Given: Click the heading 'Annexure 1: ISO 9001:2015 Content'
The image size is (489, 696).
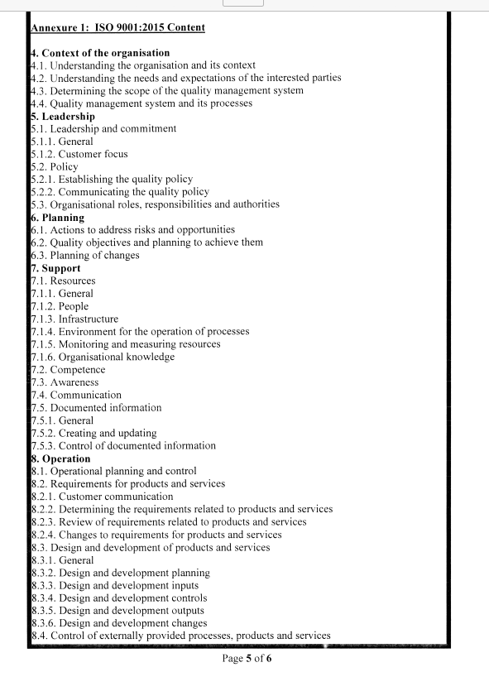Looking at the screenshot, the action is click(x=117, y=27).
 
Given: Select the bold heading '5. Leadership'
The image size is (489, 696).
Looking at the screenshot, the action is click(x=63, y=117).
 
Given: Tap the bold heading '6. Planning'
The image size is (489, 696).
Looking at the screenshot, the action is click(x=58, y=218).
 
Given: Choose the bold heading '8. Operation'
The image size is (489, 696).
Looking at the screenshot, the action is click(x=60, y=458).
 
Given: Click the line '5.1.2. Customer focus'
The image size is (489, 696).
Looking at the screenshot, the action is click(x=79, y=154).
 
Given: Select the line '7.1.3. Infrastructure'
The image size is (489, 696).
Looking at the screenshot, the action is click(x=74, y=319).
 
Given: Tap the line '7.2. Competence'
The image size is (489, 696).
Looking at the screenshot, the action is click(x=68, y=370).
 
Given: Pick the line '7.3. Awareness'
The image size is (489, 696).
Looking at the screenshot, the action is click(x=65, y=382).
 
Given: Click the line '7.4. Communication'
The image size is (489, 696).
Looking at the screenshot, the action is click(x=75, y=395).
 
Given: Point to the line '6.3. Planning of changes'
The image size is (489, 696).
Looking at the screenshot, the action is click(x=84, y=255).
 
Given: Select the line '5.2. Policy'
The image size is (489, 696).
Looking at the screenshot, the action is click(x=54, y=166).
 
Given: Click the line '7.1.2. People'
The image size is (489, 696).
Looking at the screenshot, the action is click(x=60, y=306).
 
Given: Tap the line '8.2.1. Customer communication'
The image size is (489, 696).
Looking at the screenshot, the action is click(x=102, y=497).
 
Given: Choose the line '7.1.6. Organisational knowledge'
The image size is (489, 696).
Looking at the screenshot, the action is click(x=103, y=357).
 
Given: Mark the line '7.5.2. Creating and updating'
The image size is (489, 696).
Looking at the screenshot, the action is click(x=93, y=433).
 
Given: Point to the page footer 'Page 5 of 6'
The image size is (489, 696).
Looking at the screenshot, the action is click(x=247, y=659).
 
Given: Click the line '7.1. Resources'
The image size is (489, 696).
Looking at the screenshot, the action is click(x=63, y=281).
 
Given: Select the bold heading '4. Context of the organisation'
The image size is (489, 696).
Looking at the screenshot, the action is click(x=100, y=53).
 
